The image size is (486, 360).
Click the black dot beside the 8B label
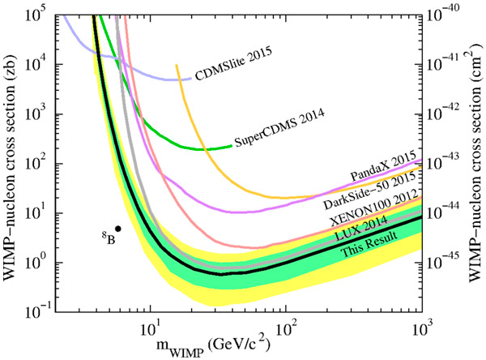[x=117, y=229]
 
